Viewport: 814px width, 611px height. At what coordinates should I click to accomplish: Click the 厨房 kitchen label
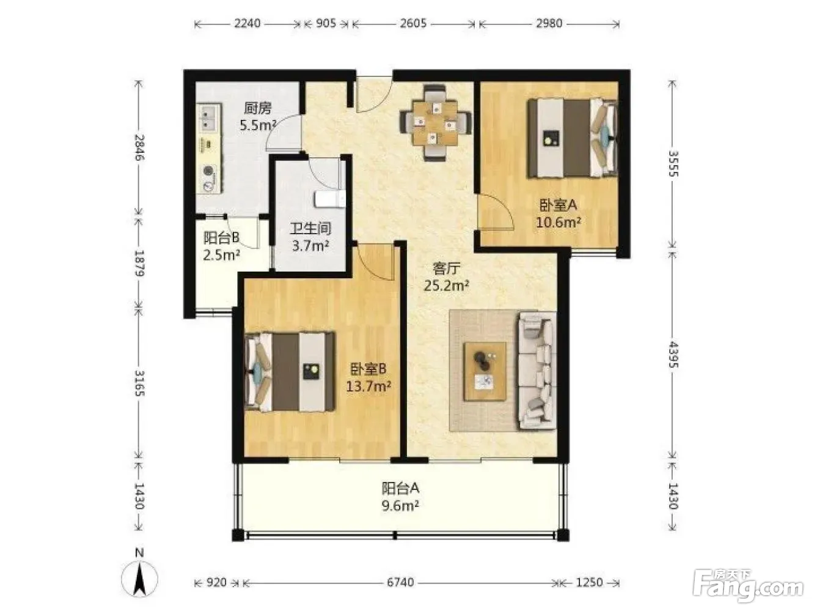pyautogui.click(x=258, y=108)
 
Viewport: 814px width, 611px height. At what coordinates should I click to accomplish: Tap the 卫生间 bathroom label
pyautogui.click(x=310, y=229)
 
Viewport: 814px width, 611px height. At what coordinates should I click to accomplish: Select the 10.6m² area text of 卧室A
pyautogui.click(x=558, y=222)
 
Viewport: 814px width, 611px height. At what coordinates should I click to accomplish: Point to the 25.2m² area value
pyautogui.click(x=447, y=285)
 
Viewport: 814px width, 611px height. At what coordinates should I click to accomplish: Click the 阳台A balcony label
pyautogui.click(x=400, y=488)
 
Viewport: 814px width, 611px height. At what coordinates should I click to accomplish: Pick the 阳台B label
pyautogui.click(x=221, y=238)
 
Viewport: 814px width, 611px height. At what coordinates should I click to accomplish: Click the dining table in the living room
pyautogui.click(x=436, y=123)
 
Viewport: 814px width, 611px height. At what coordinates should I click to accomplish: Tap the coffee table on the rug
pyautogui.click(x=485, y=371)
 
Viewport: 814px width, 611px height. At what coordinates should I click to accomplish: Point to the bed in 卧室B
pyautogui.click(x=290, y=372)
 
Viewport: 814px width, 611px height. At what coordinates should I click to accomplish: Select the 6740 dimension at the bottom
pyautogui.click(x=400, y=582)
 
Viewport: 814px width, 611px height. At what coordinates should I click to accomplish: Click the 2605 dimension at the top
pyautogui.click(x=413, y=23)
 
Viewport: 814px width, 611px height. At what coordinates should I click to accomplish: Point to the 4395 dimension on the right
pyautogui.click(x=673, y=355)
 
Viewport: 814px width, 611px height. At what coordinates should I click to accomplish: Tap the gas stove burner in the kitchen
pyautogui.click(x=210, y=171)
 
